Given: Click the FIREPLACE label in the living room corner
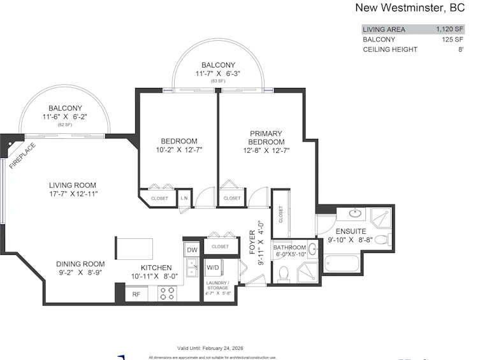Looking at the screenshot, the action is point(22,156).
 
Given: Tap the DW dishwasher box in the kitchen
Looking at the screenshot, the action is point(192,250).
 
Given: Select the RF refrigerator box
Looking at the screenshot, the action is point(136,294).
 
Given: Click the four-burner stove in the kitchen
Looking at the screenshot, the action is point(168,294).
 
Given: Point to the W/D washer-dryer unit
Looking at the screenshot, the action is point(213,268).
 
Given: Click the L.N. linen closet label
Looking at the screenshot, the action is point(184,198).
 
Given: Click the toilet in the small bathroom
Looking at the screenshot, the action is point(284,274).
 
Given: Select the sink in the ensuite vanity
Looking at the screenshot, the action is point(355,213).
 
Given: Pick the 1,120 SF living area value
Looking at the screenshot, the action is point(449,29).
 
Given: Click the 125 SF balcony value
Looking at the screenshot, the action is point(453,40).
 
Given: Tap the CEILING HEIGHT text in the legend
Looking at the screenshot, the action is point(390,50).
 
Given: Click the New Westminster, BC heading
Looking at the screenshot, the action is point(410,8).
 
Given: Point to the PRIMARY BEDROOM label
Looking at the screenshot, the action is point(266,138).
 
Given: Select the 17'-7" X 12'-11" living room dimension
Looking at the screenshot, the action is point(73,194).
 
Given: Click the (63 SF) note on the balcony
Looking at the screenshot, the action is point(218,81).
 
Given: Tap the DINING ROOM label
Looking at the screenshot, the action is point(80,264).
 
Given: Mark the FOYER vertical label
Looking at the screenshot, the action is point(252,242).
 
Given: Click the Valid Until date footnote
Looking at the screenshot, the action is point(210,348).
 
